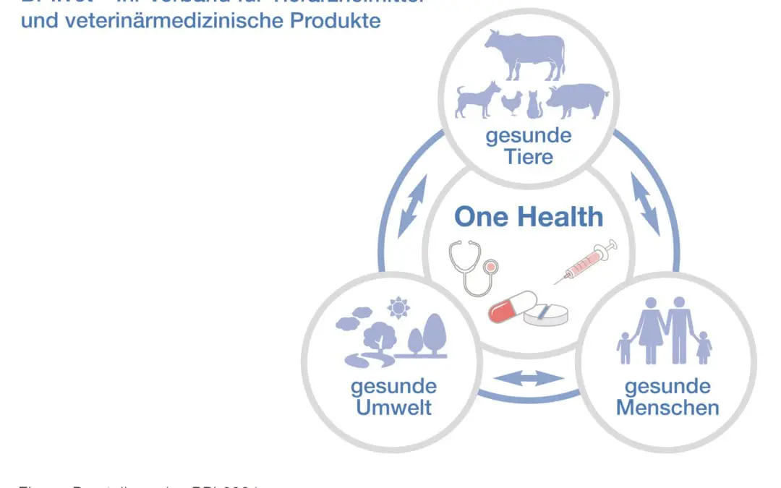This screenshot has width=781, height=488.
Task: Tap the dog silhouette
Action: point(477,100)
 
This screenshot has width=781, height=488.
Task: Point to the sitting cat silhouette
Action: point(534,106)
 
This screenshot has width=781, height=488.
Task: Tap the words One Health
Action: point(529,217)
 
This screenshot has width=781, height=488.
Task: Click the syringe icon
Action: point(586,262)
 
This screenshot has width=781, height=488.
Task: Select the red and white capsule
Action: point(512,307)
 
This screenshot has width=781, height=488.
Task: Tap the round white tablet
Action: point(546,314)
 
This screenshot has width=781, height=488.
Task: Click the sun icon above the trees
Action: point(398,308)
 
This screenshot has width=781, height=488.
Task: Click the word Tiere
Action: point(529,157)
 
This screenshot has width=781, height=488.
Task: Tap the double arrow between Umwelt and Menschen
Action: point(529,377)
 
